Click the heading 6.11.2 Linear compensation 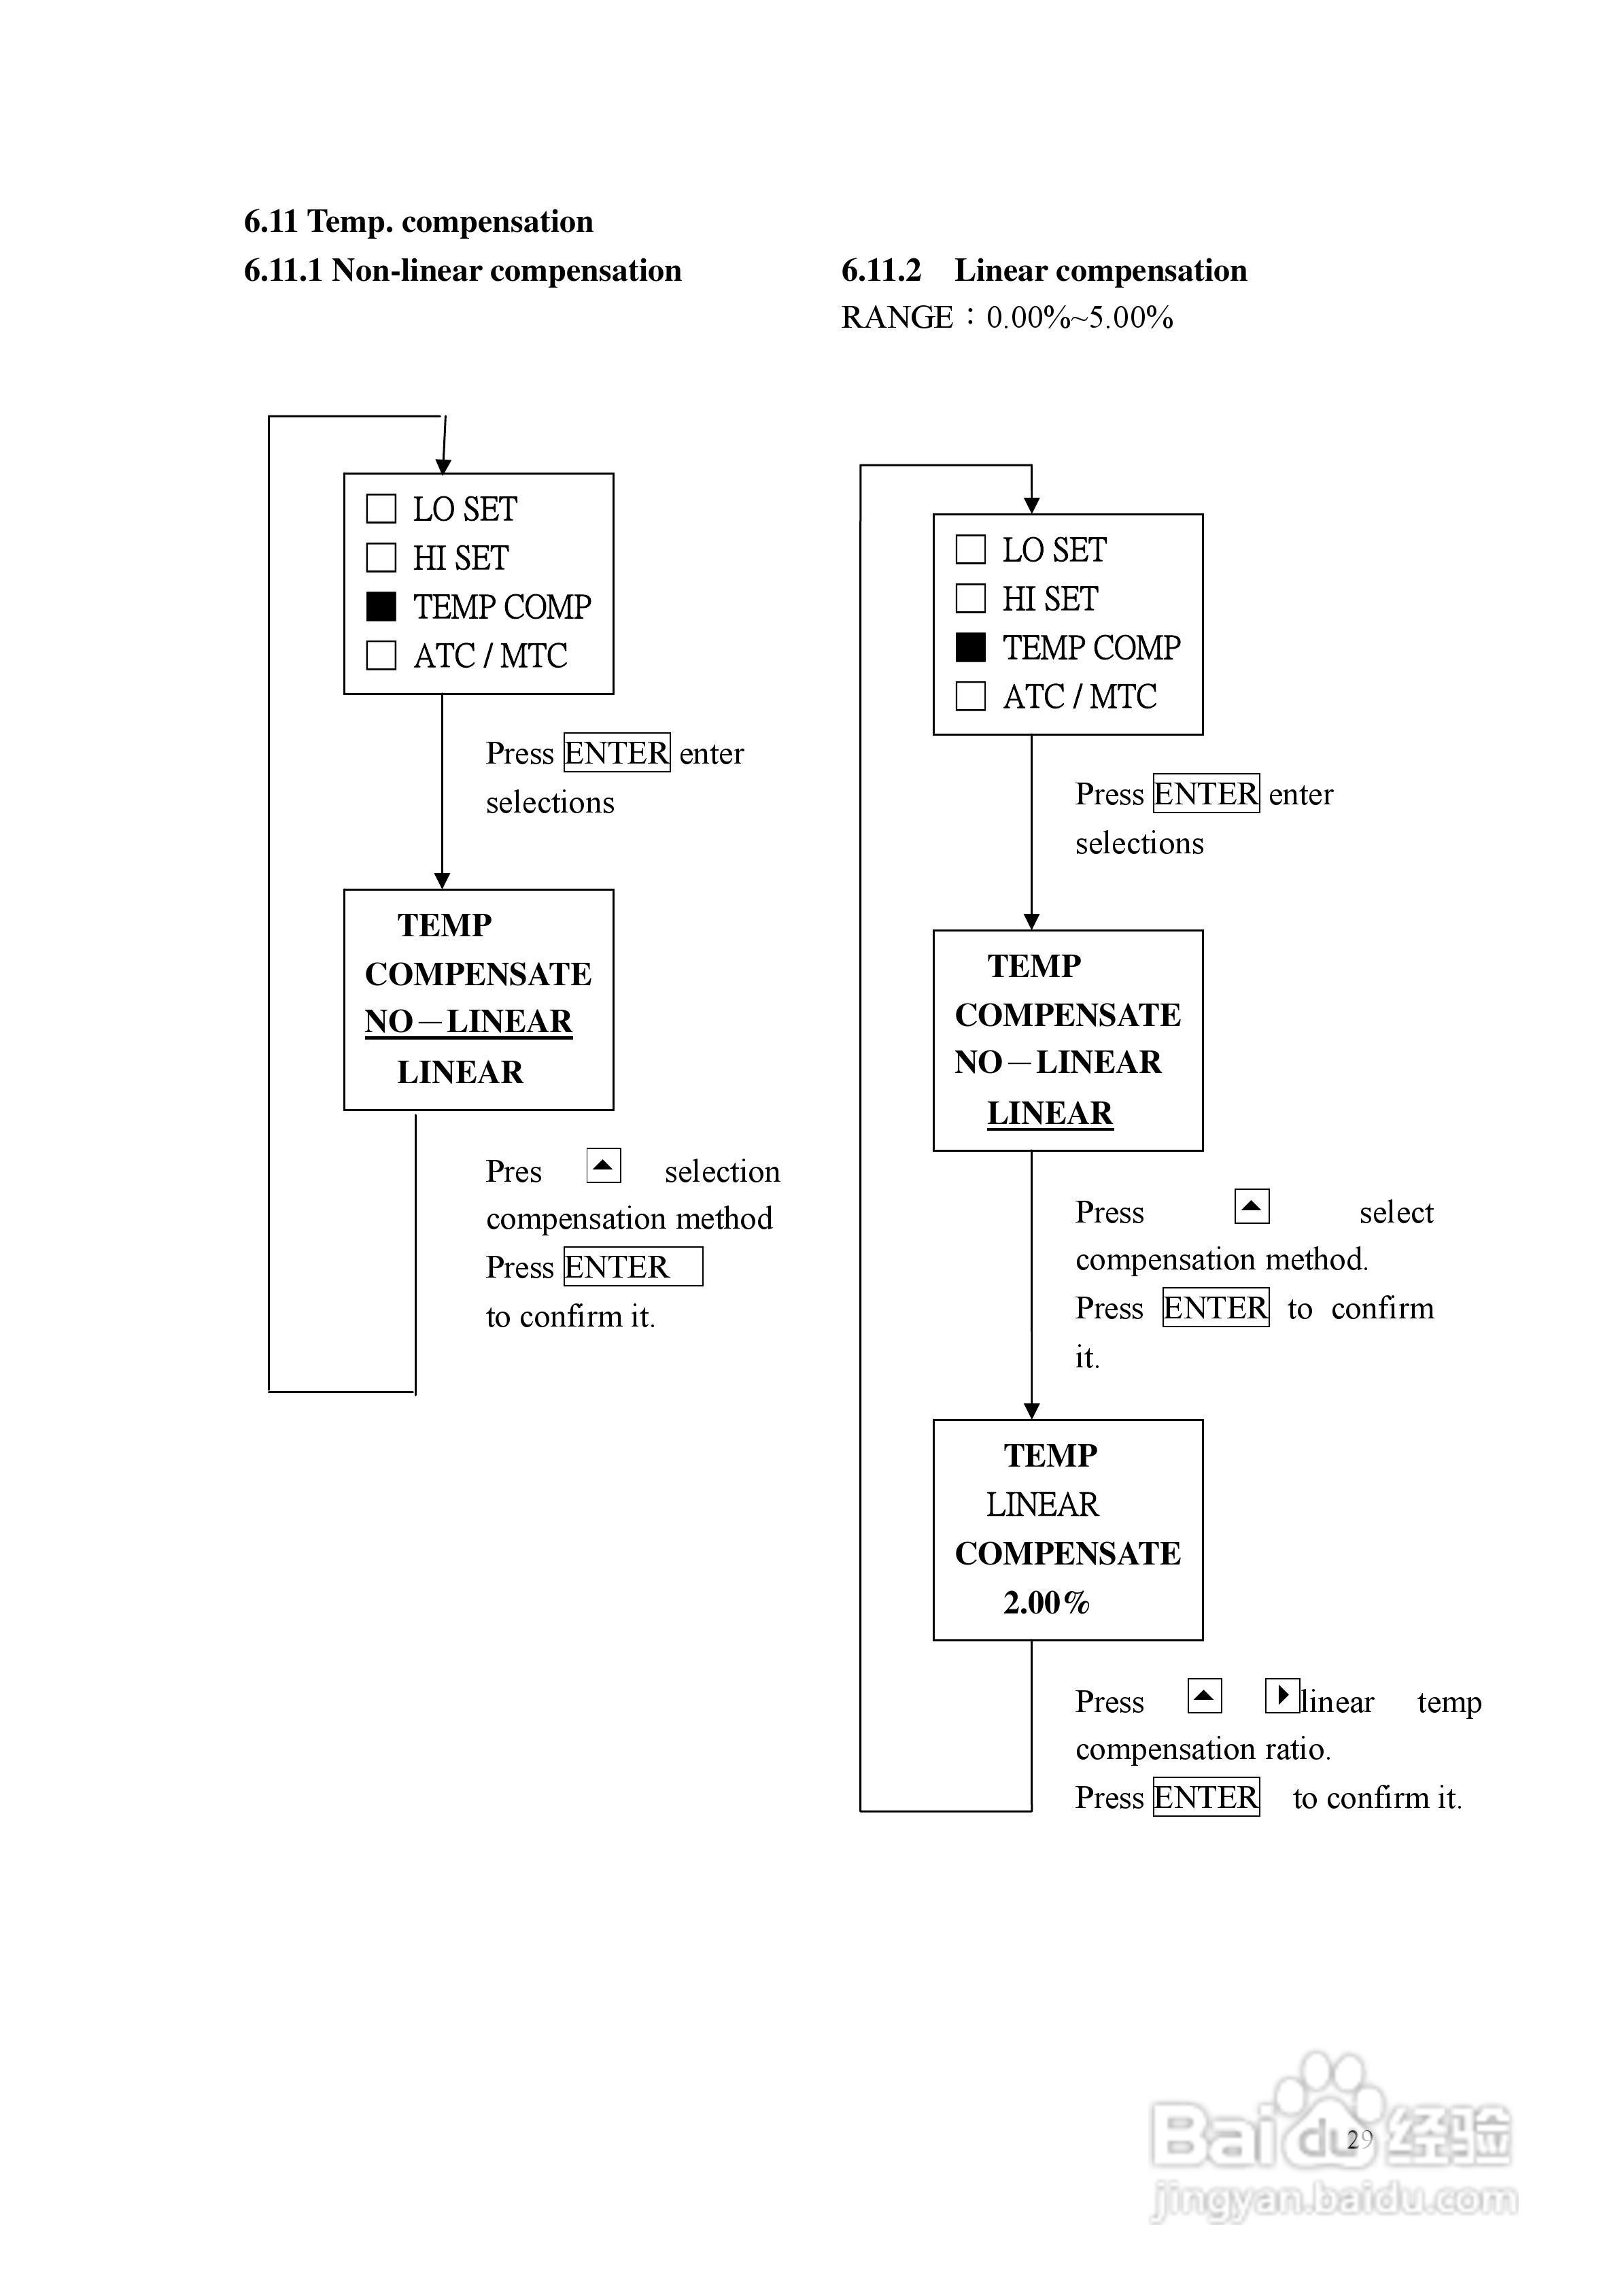[x=1044, y=271]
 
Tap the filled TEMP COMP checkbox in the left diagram [x=381, y=606]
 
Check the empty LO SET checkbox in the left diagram [x=381, y=509]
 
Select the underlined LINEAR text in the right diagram [x=1050, y=1113]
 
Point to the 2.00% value [x=1046, y=1602]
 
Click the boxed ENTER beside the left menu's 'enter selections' [x=617, y=753]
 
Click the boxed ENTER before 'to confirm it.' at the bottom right [x=1206, y=1797]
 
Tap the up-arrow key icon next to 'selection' [x=604, y=1165]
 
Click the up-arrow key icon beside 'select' [x=1251, y=1206]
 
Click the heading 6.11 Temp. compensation [x=418, y=222]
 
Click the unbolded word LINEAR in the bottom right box [x=1042, y=1504]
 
